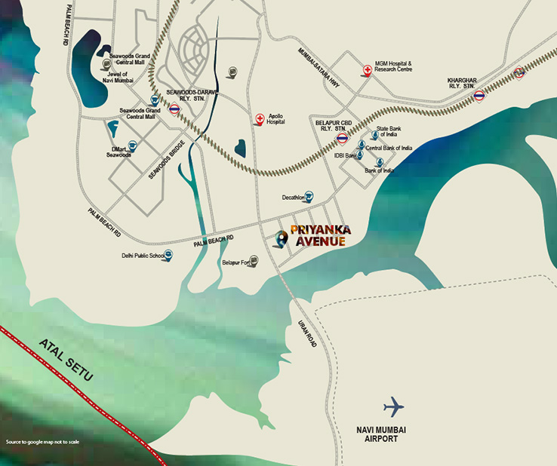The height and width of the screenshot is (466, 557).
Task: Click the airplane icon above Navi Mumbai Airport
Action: pos(393,407)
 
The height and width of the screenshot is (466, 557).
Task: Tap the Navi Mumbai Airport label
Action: pos(381,434)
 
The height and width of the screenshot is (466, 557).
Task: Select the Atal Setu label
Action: pos(64,360)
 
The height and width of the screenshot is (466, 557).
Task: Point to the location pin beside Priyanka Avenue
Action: pos(281,239)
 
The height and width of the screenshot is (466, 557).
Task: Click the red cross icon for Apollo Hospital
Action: pos(260,118)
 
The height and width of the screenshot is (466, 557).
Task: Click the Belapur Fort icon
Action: pos(254,261)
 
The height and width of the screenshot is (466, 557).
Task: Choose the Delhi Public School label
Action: pos(143,256)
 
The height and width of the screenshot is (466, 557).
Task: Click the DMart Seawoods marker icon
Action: pos(132,146)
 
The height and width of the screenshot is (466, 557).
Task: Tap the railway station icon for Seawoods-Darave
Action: pos(174,109)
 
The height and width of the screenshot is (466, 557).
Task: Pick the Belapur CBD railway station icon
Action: pos(343,139)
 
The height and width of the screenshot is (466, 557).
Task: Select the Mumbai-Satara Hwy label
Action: pos(320,69)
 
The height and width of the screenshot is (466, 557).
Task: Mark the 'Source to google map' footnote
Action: pos(42,442)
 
